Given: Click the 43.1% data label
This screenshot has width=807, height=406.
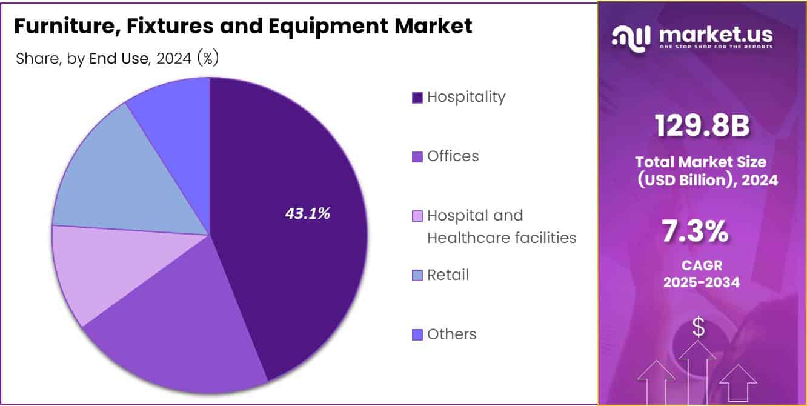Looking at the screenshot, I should (308, 213).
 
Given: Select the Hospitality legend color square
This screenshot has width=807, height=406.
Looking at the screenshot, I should (417, 98).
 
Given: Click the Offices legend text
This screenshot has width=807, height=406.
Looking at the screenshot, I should (453, 156).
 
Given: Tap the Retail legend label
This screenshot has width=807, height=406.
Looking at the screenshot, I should (448, 275).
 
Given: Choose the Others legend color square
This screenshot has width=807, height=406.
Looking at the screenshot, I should (417, 334).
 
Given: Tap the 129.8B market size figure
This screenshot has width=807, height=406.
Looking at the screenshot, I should (702, 126).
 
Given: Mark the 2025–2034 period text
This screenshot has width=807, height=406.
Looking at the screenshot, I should (702, 282).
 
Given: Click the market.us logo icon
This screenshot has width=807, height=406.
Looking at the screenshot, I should (632, 38).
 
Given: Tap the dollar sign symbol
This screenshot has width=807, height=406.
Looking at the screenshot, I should (699, 328).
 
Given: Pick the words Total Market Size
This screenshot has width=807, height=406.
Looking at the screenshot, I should (700, 162).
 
